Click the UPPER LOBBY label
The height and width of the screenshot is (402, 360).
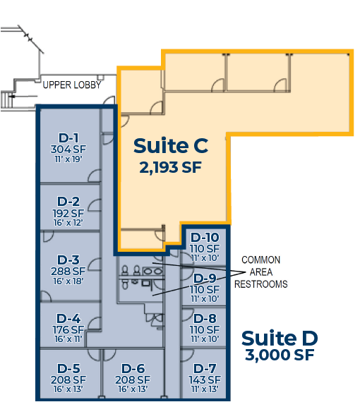click(x=72, y=85)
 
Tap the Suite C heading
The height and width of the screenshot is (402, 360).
click(x=171, y=145)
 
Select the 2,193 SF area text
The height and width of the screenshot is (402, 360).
click(x=170, y=167)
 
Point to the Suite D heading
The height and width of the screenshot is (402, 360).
click(x=280, y=338)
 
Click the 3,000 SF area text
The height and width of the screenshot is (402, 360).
click(x=280, y=355)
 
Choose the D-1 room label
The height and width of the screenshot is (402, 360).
click(x=68, y=138)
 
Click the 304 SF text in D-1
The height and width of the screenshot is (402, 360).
click(x=68, y=150)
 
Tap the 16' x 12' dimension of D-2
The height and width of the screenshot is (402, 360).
click(x=68, y=223)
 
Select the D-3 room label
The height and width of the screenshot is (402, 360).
click(x=68, y=260)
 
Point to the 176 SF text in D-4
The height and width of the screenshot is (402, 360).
click(x=68, y=329)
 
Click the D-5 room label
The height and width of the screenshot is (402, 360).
click(x=68, y=369)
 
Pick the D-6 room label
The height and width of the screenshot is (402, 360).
click(x=133, y=369)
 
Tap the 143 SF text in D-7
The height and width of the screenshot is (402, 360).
click(x=205, y=379)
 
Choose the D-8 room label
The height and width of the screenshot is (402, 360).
click(x=205, y=318)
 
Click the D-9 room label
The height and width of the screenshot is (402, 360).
click(x=205, y=278)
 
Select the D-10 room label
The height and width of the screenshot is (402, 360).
click(x=205, y=238)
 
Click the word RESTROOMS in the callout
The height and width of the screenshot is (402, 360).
click(x=261, y=284)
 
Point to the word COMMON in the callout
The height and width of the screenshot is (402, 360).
click(x=261, y=260)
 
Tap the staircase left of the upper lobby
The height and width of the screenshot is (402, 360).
click(x=6, y=100)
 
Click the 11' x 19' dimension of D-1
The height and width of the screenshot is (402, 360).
click(x=68, y=159)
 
